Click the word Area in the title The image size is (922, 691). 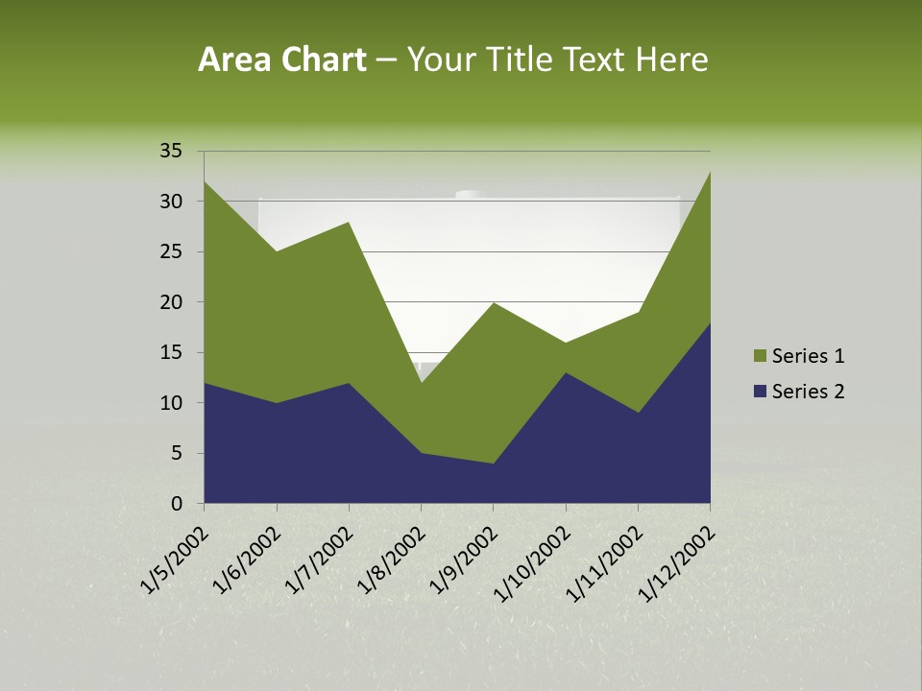tap(233, 60)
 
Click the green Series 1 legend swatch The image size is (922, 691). tap(761, 356)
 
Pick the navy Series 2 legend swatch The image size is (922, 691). tap(761, 392)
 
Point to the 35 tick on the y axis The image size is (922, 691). tap(171, 151)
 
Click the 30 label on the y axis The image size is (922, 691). tap(171, 202)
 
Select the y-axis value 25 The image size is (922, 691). tap(171, 251)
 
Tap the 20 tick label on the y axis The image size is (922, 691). tap(171, 302)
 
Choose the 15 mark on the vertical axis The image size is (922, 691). tap(171, 352)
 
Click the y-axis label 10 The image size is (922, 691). tap(171, 403)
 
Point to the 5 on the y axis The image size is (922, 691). tap(177, 453)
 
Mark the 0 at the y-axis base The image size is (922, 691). tap(177, 504)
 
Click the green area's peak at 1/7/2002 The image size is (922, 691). tap(349, 223)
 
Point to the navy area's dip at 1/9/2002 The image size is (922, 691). tap(494, 464)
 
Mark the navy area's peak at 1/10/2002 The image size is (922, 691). tap(566, 373)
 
